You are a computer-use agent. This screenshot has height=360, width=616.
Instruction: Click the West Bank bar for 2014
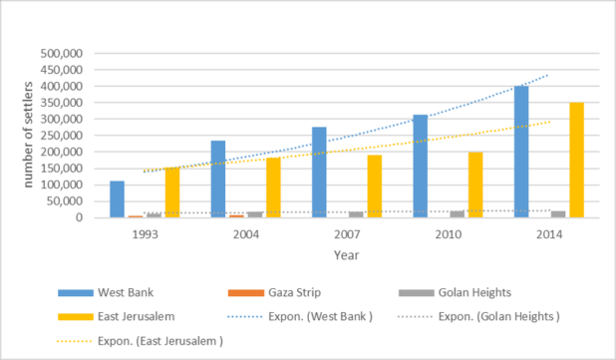tap(521, 152)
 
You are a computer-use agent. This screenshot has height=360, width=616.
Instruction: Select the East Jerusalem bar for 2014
tap(577, 160)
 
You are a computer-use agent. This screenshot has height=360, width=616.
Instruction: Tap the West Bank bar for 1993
tap(117, 199)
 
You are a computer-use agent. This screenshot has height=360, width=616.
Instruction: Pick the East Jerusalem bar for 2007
tap(375, 186)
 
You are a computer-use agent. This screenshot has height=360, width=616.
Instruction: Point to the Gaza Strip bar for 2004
tap(236, 216)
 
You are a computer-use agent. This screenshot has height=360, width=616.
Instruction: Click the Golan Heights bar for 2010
tap(457, 214)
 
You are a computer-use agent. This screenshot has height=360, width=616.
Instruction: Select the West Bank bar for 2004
tap(218, 180)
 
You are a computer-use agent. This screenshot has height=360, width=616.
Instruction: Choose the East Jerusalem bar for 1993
tap(172, 192)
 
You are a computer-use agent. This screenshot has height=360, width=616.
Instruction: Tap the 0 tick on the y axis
tap(80, 217)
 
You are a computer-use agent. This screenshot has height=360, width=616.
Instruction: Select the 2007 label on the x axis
tap(347, 234)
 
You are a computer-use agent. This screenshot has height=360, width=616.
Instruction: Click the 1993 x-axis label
tap(145, 234)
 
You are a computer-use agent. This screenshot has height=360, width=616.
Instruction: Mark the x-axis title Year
tap(347, 255)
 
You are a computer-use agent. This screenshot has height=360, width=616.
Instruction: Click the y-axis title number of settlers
tap(28, 135)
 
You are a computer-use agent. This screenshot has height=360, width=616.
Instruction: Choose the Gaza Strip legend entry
tap(274, 293)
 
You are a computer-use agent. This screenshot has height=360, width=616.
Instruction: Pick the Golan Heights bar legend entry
tap(455, 293)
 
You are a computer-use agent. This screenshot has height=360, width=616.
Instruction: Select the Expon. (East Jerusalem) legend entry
tap(141, 341)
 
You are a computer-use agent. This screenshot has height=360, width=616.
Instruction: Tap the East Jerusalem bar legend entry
tap(117, 317)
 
